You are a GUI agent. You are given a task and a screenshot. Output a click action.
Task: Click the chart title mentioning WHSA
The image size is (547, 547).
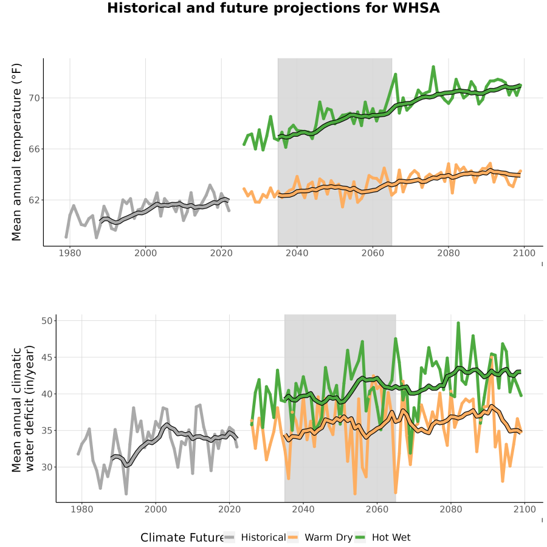click(x=273, y=9)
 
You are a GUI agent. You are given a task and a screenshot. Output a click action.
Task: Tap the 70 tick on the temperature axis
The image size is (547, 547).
click(x=34, y=98)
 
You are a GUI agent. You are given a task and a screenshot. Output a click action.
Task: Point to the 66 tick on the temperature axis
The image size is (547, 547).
click(x=34, y=149)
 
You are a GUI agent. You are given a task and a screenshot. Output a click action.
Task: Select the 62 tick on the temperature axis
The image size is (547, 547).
click(x=34, y=200)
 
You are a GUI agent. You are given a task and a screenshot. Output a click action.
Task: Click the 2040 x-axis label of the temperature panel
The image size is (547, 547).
click(x=297, y=253)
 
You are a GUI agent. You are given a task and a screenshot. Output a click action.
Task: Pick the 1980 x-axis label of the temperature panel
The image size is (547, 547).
click(x=70, y=253)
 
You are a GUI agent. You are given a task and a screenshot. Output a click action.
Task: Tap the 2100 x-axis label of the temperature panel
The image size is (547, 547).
click(x=524, y=253)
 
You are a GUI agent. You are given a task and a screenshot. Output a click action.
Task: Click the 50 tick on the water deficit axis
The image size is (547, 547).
click(x=47, y=320)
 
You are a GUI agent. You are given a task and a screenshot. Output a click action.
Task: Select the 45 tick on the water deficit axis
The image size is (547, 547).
click(x=47, y=357)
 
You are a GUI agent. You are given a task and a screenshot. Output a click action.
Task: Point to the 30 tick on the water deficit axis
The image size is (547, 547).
click(x=47, y=467)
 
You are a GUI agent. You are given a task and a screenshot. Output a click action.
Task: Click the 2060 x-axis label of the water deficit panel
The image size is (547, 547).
click(x=377, y=509)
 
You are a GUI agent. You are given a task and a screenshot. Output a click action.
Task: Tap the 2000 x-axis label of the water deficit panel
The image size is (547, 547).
click(x=156, y=509)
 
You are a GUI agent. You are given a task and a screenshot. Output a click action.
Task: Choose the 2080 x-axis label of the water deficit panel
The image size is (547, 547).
click(x=451, y=509)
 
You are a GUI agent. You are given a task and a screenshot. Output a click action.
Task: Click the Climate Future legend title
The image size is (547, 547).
click(x=182, y=538)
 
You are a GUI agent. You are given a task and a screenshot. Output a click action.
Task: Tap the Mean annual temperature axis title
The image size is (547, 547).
click(x=16, y=152)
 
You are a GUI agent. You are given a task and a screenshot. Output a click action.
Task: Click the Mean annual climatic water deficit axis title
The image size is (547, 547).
click(x=22, y=408)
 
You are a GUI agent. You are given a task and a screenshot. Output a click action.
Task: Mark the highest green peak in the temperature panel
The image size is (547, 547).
click(x=433, y=67)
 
